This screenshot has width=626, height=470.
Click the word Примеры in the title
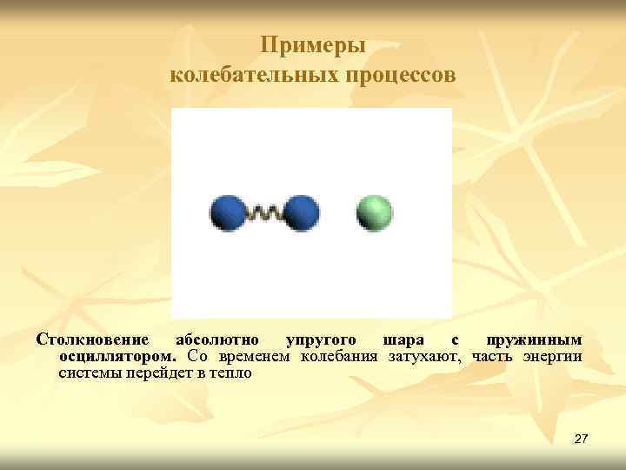coord(313,46)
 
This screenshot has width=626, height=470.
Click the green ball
coord(375,213)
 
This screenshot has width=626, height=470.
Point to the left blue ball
coord(229,213)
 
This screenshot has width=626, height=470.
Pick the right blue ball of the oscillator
coord(301,213)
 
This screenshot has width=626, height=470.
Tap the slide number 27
coord(581,440)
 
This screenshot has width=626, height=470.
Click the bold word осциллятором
coord(117,356)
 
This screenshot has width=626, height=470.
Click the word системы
coord(88,373)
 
